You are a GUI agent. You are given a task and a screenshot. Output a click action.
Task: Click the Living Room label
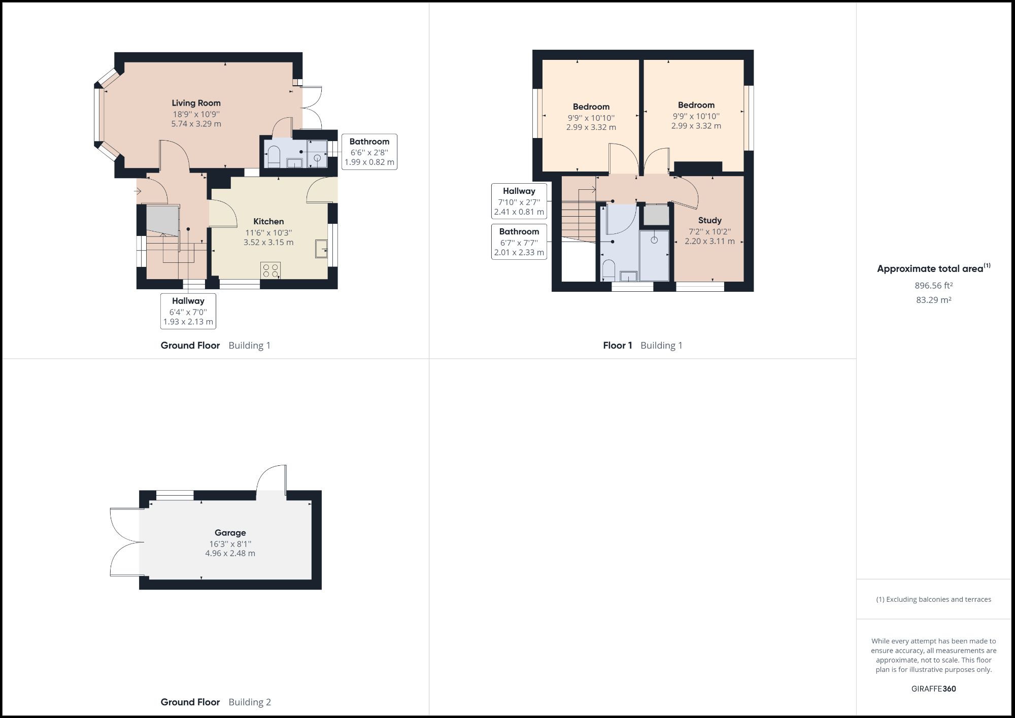196,103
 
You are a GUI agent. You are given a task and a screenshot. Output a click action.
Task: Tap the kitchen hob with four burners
270,270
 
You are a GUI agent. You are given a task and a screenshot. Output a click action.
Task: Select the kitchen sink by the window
321,248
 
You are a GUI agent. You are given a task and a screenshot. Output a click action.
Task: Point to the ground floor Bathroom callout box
369,152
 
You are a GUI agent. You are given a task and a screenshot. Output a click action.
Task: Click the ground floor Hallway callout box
188,311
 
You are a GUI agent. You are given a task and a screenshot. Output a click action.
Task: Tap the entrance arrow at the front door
138,191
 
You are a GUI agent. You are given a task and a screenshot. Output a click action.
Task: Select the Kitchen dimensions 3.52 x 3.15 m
268,243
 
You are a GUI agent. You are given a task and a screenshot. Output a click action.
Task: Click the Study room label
709,220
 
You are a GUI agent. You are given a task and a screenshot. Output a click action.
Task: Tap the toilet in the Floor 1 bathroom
608,269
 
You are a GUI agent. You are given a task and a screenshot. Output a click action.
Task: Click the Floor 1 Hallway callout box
519,201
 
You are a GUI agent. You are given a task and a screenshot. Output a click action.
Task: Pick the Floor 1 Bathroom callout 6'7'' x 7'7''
519,242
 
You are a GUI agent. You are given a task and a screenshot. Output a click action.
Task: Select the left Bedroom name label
591,107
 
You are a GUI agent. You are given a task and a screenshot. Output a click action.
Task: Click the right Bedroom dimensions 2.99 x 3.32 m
696,126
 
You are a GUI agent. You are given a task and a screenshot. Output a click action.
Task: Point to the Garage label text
230,532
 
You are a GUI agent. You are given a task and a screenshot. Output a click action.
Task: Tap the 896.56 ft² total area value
933,286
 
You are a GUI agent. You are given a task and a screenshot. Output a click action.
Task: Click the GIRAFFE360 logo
933,689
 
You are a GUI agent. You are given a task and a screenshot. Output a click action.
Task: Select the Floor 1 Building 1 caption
642,346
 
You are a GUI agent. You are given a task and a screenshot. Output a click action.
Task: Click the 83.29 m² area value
933,300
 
